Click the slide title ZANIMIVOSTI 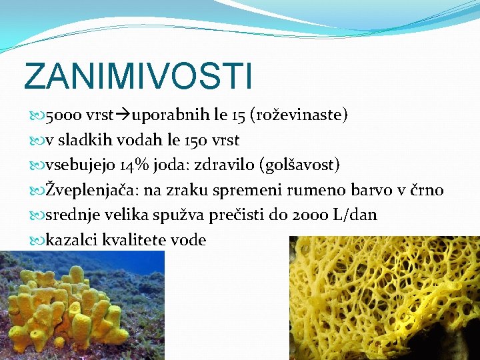(138, 76)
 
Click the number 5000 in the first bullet (63, 116)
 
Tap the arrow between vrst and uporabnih (125, 116)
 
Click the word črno (426, 191)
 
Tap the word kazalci (71, 240)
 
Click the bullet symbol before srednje (37, 216)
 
